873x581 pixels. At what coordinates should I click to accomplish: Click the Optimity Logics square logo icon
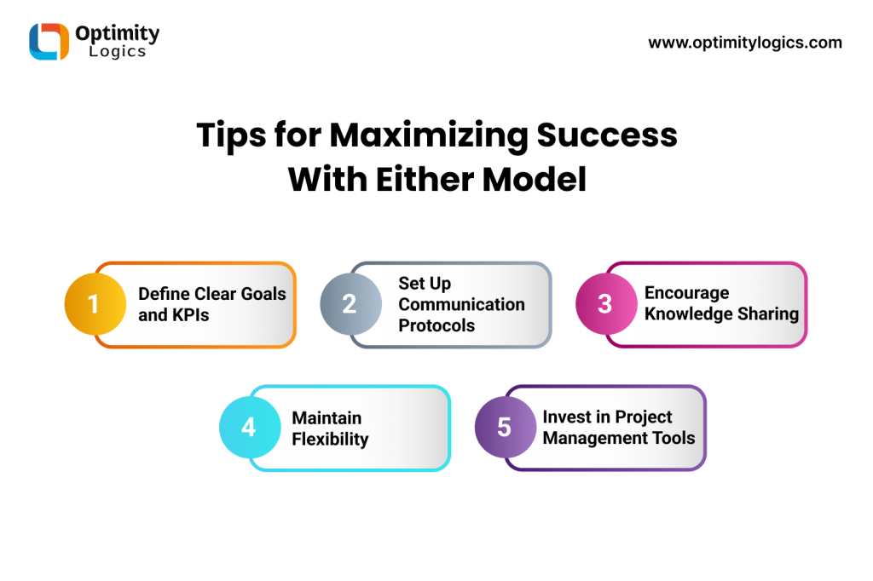49,41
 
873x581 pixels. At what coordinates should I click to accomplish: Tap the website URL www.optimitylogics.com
745,43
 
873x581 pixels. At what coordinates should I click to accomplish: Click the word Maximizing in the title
429,136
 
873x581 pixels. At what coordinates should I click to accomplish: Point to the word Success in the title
607,135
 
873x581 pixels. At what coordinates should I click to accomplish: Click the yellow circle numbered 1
95,304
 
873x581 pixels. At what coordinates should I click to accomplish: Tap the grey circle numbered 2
350,304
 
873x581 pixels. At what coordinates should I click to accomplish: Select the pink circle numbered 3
606,304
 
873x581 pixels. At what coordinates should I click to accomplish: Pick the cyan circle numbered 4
250,428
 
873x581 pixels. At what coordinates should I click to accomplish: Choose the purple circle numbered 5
506,428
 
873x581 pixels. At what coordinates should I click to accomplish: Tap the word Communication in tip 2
461,304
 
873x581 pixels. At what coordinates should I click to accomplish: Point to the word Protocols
436,325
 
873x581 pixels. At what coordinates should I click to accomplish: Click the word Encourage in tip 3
686,293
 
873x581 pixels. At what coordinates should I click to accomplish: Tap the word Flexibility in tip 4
330,439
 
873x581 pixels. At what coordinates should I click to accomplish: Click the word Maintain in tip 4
327,418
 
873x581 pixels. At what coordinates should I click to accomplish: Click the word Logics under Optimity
118,52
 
